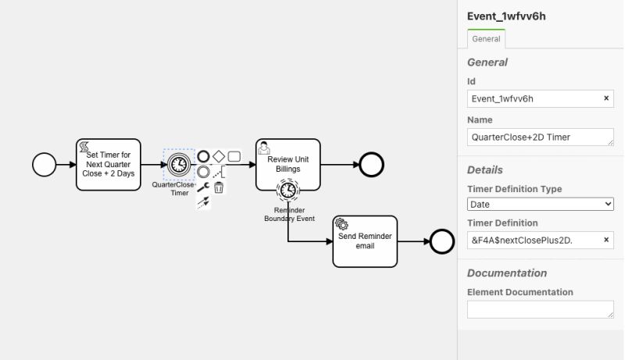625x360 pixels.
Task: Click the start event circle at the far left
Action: coord(45,164)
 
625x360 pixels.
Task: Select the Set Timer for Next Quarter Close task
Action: coord(109,164)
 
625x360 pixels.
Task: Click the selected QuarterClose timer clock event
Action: coord(179,164)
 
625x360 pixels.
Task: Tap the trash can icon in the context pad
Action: coord(220,187)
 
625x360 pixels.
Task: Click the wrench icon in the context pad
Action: coord(203,187)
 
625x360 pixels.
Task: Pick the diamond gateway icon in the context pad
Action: coord(219,156)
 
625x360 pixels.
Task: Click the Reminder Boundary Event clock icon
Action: coord(288,190)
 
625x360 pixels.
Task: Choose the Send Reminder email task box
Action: coord(365,241)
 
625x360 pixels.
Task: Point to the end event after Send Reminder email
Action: coord(442,241)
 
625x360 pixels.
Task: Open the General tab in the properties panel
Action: coord(486,39)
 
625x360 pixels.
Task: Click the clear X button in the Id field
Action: coord(606,99)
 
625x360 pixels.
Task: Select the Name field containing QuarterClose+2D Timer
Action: coord(540,137)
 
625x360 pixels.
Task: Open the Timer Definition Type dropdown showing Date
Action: coord(540,204)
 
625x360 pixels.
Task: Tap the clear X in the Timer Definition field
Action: coord(606,241)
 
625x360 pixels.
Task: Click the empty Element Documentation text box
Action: coord(540,309)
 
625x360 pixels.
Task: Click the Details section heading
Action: coord(485,169)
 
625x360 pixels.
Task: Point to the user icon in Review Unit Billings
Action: coord(264,148)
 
